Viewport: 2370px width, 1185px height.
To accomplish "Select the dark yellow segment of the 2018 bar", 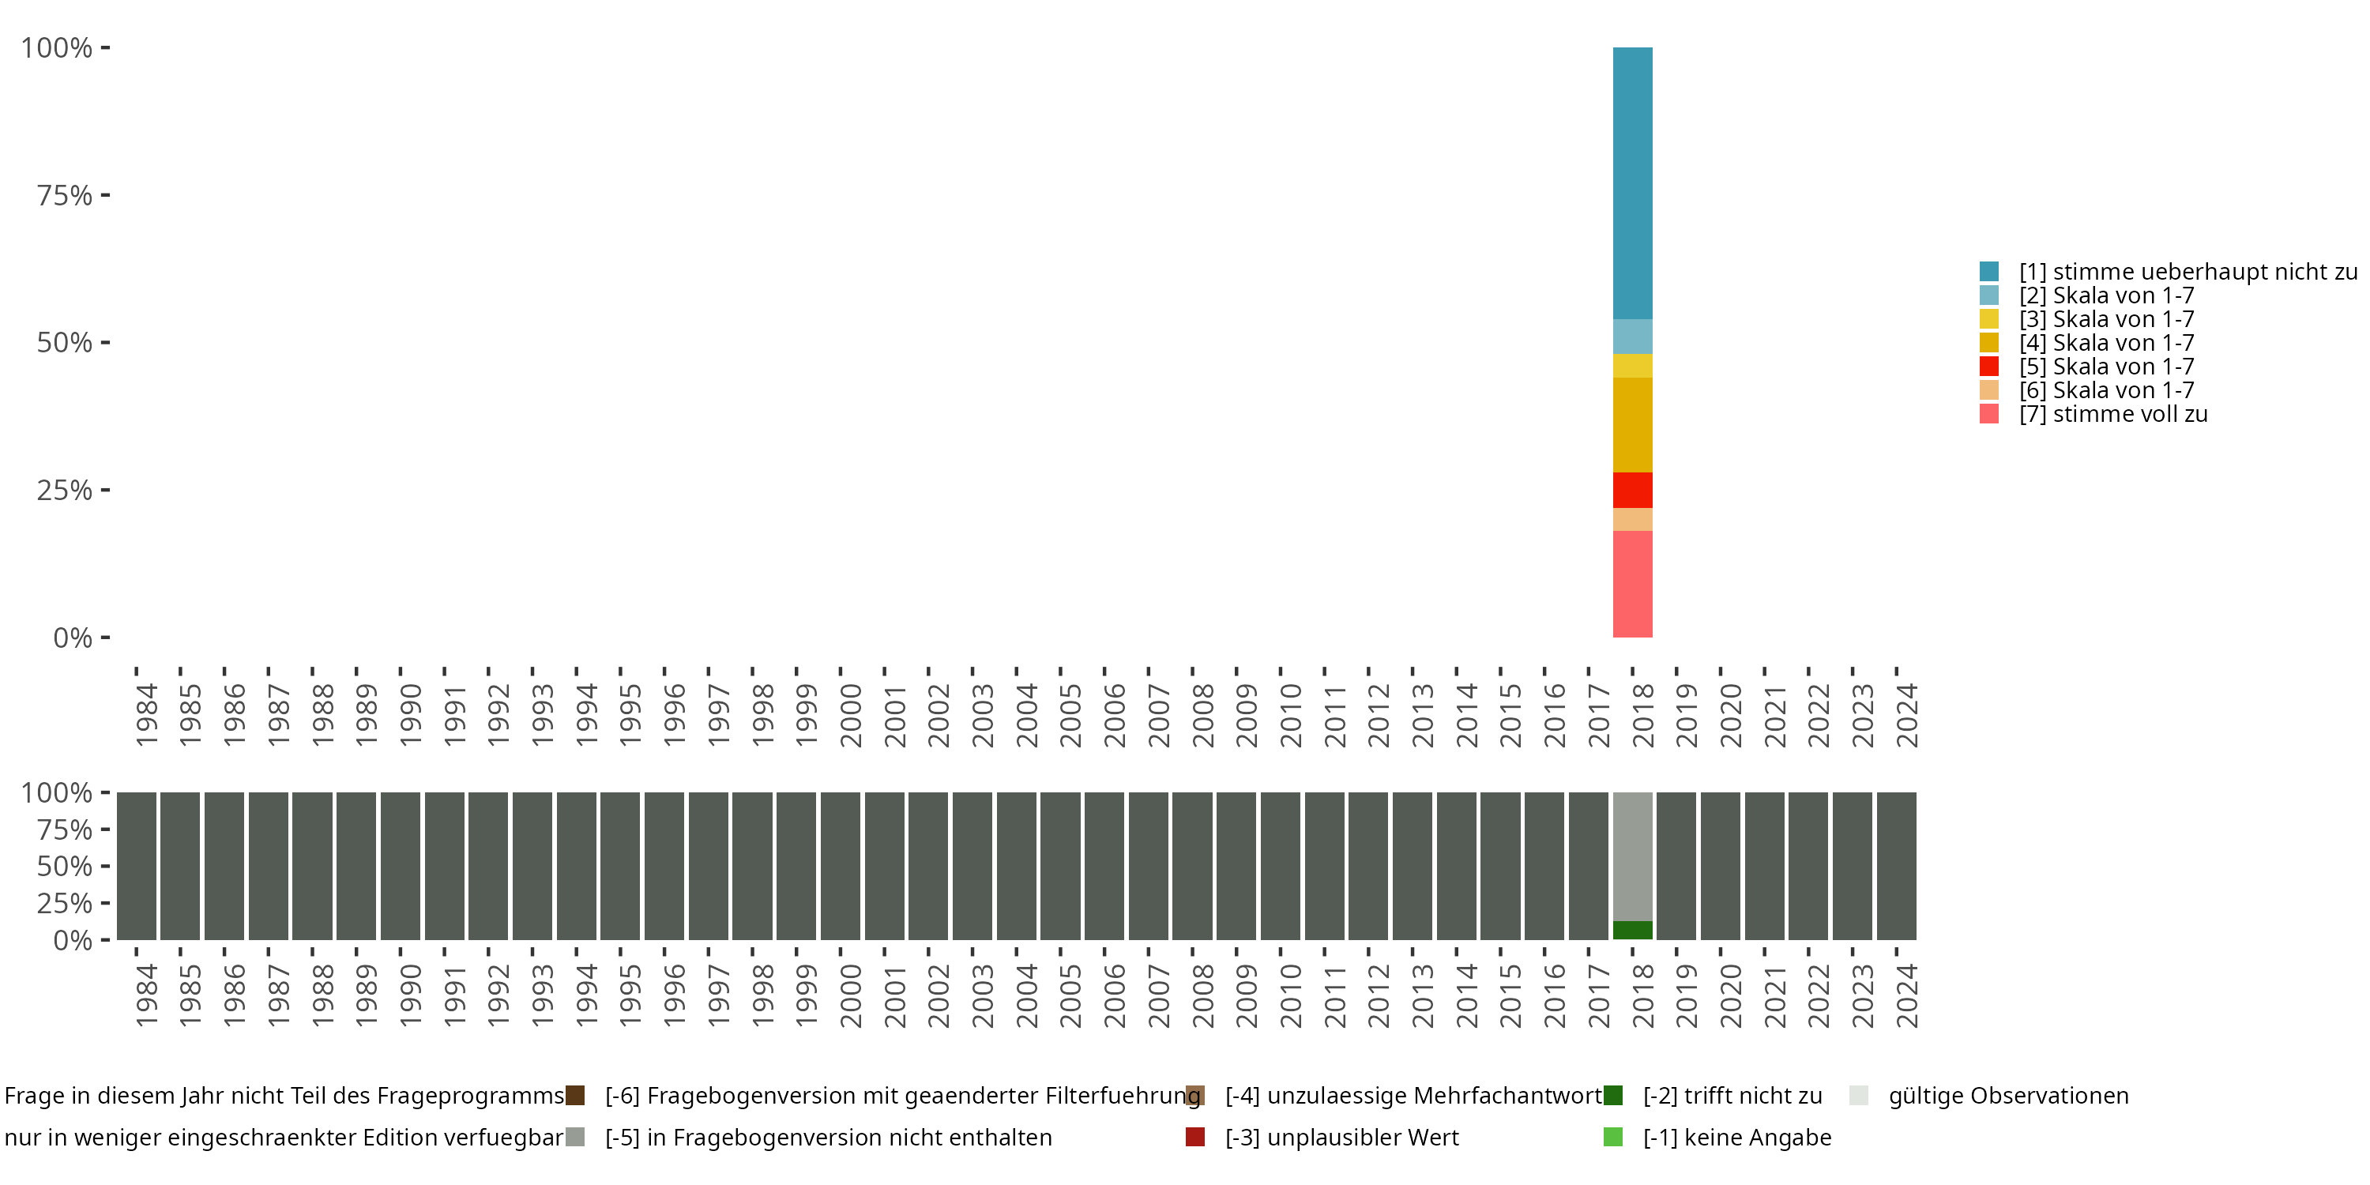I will tap(1632, 424).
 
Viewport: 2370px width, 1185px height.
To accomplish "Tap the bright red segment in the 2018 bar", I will tap(1632, 490).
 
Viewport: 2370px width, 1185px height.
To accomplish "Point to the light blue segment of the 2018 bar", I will tap(1632, 336).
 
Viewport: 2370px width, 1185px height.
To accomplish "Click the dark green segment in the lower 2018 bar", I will tap(1632, 929).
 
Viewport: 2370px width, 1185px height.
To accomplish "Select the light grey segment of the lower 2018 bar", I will tap(1632, 856).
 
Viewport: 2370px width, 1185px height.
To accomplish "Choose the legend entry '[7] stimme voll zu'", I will tap(2112, 414).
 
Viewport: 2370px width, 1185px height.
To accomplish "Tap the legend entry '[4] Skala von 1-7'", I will tap(2106, 342).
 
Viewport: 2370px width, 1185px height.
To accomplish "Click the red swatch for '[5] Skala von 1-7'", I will tap(1989, 367).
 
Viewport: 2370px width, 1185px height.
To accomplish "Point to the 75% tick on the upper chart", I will tap(105, 195).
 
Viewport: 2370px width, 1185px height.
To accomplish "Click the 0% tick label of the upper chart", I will tap(73, 638).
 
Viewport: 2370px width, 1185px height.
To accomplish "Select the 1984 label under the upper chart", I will tap(146, 715).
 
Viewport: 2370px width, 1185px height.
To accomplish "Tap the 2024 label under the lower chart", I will tap(1906, 995).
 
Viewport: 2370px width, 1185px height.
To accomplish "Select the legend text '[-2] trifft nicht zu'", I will tap(1732, 1096).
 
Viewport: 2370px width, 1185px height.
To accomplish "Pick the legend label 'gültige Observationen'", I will tap(2007, 1096).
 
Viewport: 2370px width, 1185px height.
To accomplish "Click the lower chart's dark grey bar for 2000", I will tap(840, 866).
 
